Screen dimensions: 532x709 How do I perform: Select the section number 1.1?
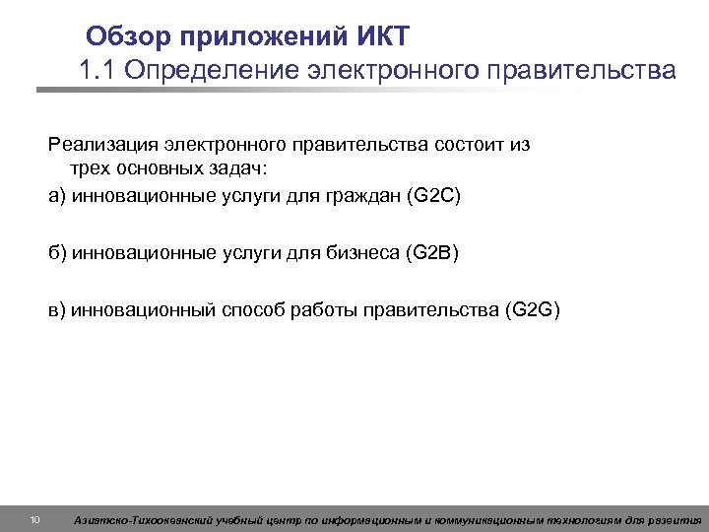[97, 72]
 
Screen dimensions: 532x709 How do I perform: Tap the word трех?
[89, 169]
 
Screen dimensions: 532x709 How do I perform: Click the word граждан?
[360, 195]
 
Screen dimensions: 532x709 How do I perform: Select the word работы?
[325, 311]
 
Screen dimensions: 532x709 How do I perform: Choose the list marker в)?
[57, 311]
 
